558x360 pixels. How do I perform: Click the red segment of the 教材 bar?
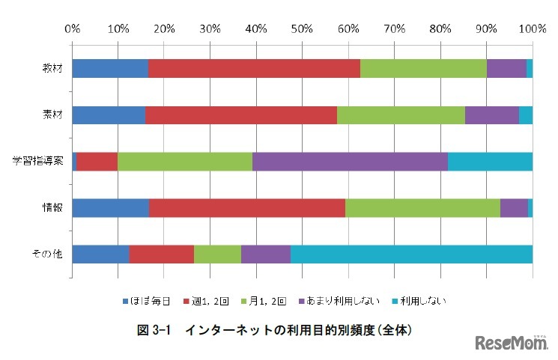254,68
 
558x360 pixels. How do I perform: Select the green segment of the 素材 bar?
401,115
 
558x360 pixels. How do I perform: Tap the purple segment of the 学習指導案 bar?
350,162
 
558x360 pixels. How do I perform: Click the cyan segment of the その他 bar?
411,254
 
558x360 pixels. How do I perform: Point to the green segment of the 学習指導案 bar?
185,162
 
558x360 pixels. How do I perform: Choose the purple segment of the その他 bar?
265,254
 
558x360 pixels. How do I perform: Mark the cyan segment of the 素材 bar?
525,115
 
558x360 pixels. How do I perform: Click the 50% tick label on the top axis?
302,29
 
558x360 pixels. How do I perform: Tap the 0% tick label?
73,29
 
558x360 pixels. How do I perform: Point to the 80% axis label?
440,29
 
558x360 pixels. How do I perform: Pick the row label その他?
48,254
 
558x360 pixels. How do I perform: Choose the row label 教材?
52,69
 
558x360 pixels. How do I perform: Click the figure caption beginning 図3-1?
279,329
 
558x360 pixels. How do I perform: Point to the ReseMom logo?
512,343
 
